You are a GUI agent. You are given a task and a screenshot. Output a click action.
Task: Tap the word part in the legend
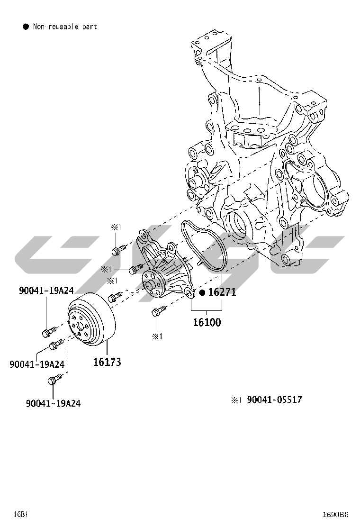pyautogui.click(x=89, y=27)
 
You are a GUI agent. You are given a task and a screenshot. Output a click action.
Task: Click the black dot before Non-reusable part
pyautogui.click(x=26, y=27)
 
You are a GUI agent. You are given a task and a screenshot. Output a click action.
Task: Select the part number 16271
pyautogui.click(x=222, y=292)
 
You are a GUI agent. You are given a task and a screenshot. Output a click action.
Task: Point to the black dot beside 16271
pyautogui.click(x=202, y=292)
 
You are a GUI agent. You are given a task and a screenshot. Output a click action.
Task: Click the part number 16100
pyautogui.click(x=207, y=323)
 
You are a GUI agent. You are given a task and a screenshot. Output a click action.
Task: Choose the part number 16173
pyautogui.click(x=107, y=362)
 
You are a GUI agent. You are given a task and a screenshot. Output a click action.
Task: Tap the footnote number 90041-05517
pyautogui.click(x=274, y=400)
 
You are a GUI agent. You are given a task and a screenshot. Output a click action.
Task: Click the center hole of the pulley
pyautogui.click(x=80, y=327)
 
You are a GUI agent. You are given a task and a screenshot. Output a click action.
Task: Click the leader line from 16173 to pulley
pyautogui.click(x=107, y=348)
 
